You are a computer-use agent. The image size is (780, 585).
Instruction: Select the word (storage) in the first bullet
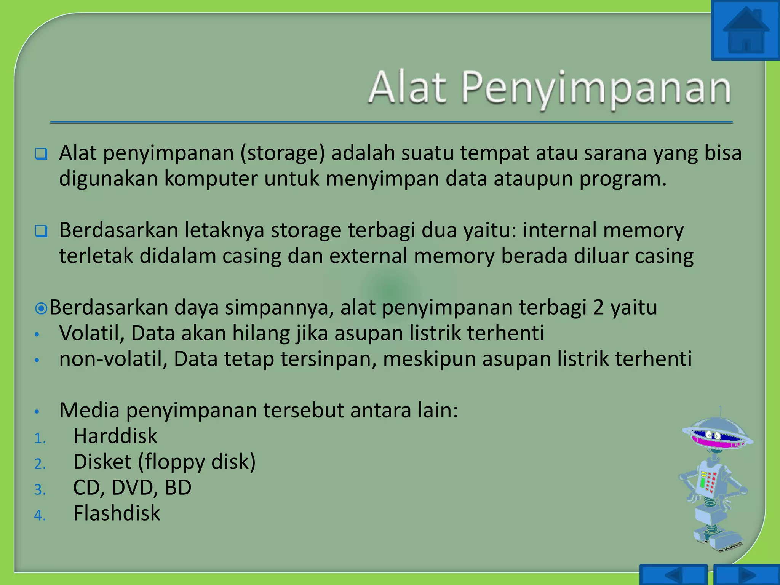282,153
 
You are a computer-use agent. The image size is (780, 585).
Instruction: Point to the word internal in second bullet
559,230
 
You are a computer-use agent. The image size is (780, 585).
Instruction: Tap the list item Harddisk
115,436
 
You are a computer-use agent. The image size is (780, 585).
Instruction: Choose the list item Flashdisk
117,513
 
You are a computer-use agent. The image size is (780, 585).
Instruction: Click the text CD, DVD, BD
132,487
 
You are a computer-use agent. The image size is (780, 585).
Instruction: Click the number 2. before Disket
40,464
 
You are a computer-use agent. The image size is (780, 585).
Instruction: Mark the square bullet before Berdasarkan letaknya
41,231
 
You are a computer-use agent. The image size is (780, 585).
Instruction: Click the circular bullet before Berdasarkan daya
41,308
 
